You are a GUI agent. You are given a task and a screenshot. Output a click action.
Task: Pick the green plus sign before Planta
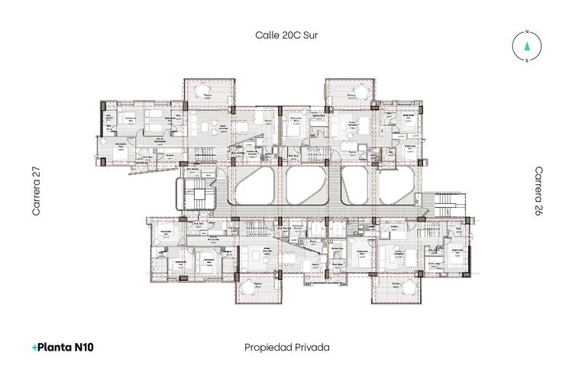[34, 347]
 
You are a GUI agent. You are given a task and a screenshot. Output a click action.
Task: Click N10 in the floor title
[84, 347]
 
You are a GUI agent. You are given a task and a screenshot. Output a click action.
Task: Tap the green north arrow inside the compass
[526, 46]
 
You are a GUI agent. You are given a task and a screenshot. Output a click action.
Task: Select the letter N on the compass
[526, 32]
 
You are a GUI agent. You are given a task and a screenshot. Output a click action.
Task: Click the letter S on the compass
[526, 60]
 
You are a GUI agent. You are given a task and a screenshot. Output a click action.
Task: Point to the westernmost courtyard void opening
[254, 186]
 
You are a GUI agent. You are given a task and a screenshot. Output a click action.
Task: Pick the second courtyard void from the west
[307, 186]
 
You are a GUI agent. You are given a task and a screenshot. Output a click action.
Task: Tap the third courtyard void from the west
[355, 186]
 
